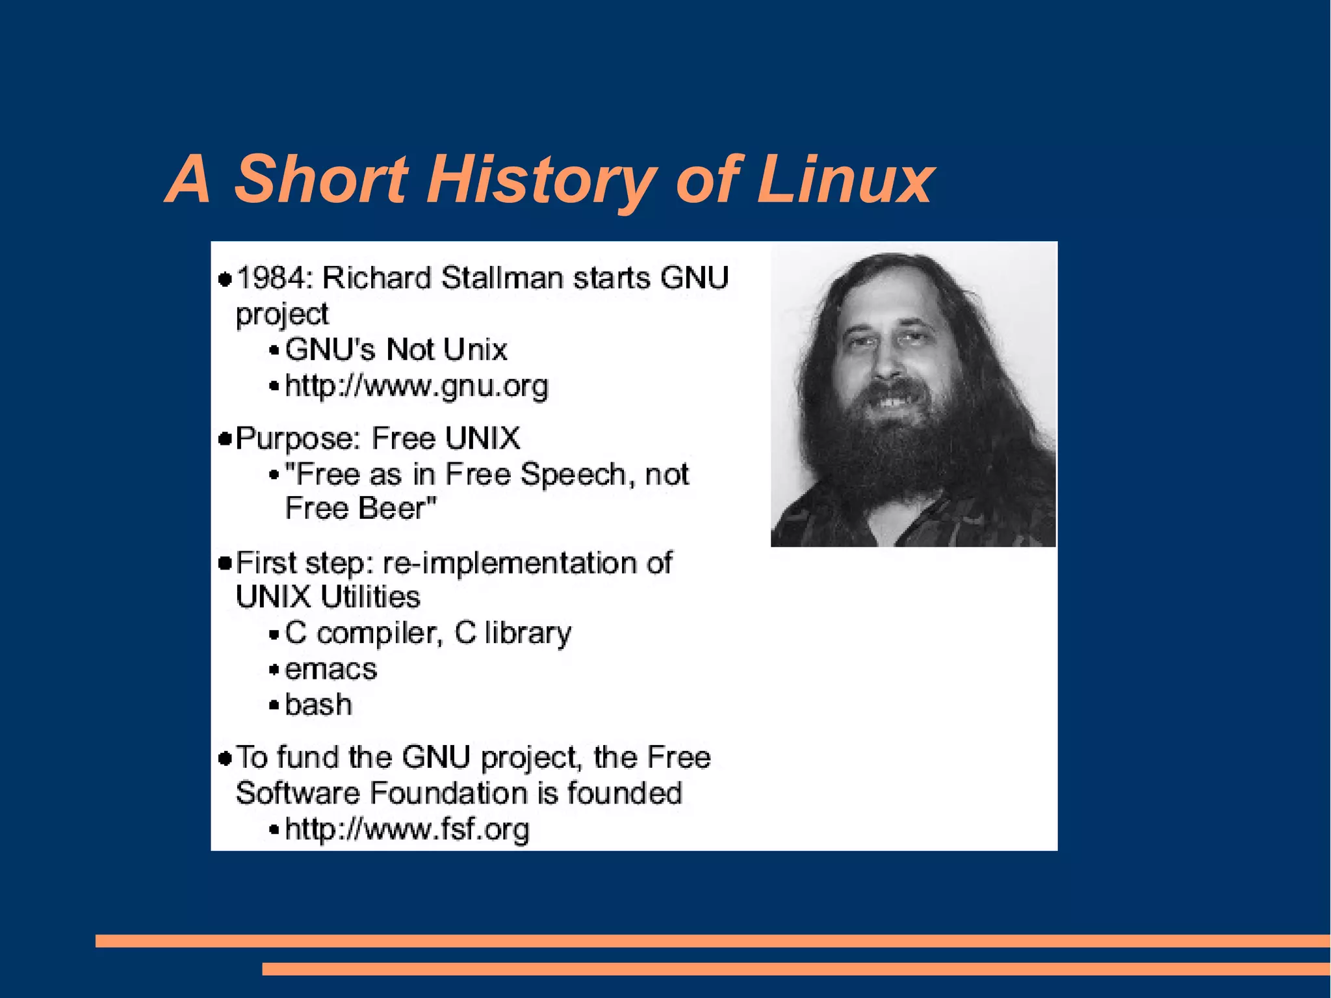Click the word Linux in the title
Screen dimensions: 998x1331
[844, 179]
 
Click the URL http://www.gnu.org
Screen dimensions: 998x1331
[417, 386]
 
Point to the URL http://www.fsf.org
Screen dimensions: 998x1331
[407, 830]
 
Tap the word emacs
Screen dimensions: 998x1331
[331, 669]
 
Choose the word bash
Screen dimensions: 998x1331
[318, 705]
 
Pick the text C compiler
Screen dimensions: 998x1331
[364, 633]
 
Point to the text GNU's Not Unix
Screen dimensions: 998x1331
[396, 350]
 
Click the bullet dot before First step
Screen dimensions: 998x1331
[225, 563]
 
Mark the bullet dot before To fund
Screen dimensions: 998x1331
[225, 758]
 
